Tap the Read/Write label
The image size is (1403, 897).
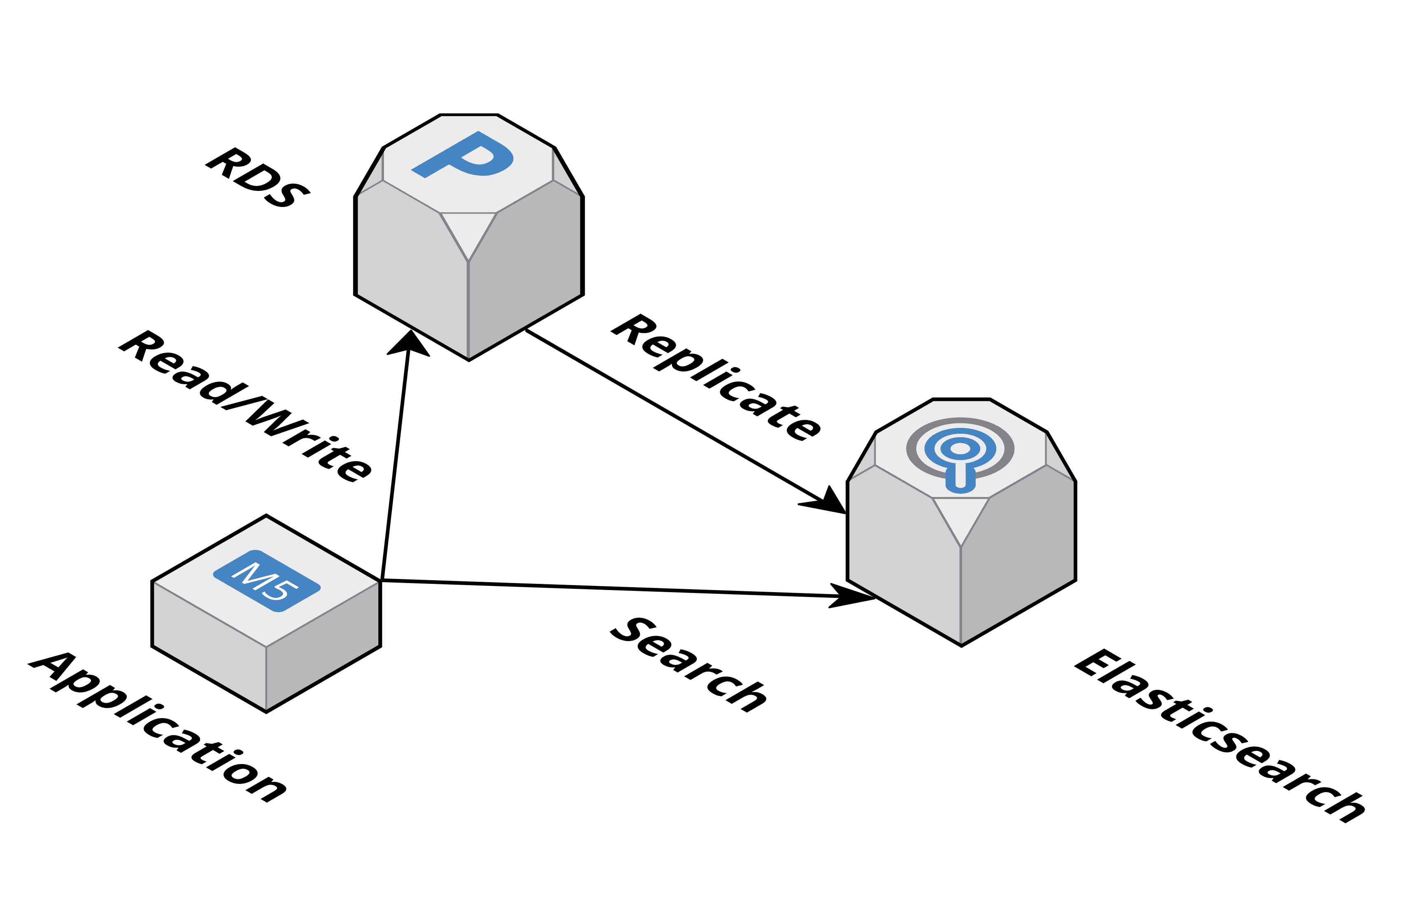point(245,407)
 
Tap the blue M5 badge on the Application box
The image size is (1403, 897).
point(267,581)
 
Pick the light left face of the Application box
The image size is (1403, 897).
point(209,646)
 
